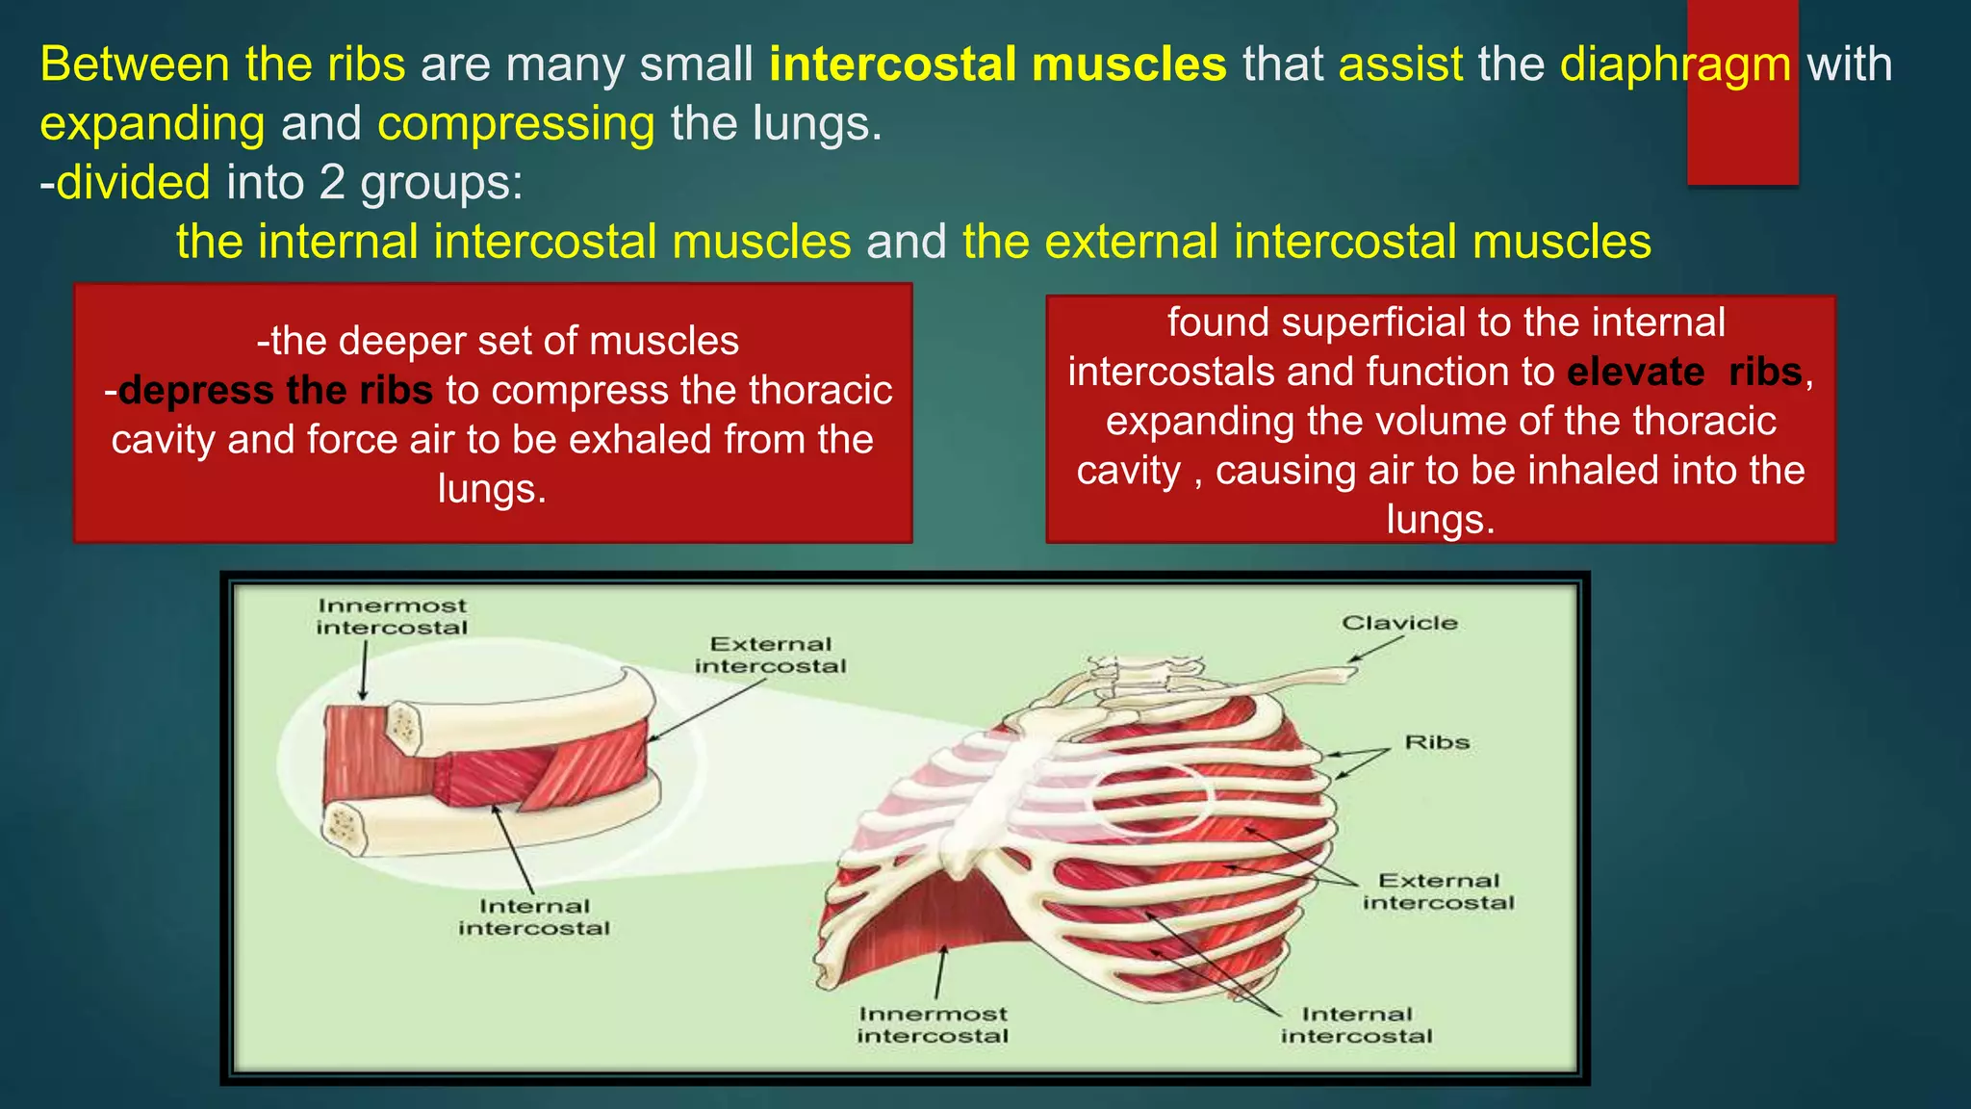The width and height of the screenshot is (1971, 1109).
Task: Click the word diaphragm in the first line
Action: click(x=1675, y=65)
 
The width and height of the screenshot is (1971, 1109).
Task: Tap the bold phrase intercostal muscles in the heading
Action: click(x=998, y=64)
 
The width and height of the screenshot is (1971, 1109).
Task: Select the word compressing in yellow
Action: click(x=516, y=124)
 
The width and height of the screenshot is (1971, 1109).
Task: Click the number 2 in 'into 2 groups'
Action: click(x=332, y=182)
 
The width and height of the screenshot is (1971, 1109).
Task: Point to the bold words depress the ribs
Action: click(x=275, y=391)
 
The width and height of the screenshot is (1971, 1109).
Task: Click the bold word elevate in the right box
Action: click(x=1635, y=373)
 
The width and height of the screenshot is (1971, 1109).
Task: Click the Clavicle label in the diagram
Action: click(x=1399, y=623)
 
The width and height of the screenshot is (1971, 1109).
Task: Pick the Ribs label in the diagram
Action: click(x=1437, y=742)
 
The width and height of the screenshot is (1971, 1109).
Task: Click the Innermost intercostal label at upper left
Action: click(x=392, y=616)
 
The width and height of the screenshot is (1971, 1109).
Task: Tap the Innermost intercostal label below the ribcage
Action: click(x=933, y=1024)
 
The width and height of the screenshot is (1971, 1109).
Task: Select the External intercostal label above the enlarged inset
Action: click(x=770, y=655)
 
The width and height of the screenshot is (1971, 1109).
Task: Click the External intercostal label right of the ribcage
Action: click(x=1438, y=891)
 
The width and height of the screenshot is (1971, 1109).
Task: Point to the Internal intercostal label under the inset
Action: click(x=534, y=916)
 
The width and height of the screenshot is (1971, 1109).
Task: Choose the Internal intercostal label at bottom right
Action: click(x=1356, y=1024)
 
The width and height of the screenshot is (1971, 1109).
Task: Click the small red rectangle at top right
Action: click(x=1742, y=91)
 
